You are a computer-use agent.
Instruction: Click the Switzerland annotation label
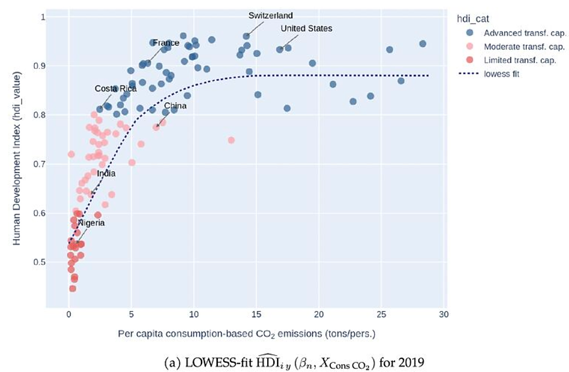pyautogui.click(x=270, y=16)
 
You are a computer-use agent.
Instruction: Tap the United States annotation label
pyautogui.click(x=306, y=29)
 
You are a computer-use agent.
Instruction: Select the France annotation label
pyautogui.click(x=166, y=43)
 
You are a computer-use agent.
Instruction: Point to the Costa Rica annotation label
pyautogui.click(x=115, y=89)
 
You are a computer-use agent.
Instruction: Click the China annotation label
pyautogui.click(x=175, y=106)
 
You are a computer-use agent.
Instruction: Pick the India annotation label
pyautogui.click(x=106, y=174)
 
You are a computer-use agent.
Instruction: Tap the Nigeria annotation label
pyautogui.click(x=91, y=223)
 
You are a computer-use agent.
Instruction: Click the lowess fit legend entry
pyautogui.click(x=502, y=74)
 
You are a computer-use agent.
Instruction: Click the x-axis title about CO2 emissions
pyautogui.click(x=246, y=334)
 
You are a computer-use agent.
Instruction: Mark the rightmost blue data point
pyautogui.click(x=422, y=44)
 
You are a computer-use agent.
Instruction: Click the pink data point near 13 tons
pyautogui.click(x=231, y=140)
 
